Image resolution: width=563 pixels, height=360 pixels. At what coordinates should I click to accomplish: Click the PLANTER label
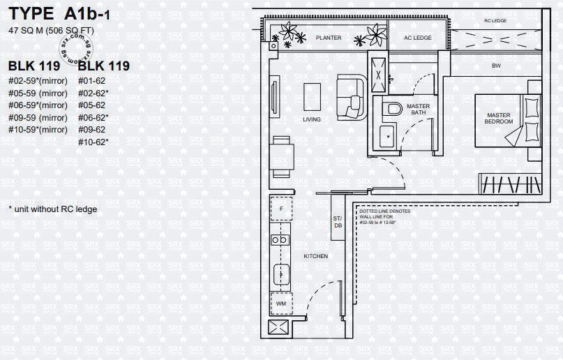click(329, 38)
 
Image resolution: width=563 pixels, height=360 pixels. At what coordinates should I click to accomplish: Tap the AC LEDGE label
click(418, 38)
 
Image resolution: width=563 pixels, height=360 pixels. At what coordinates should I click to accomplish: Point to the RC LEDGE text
click(495, 22)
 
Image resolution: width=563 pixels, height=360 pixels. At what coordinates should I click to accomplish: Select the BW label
click(496, 66)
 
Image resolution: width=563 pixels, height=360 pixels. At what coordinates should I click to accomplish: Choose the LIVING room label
click(312, 119)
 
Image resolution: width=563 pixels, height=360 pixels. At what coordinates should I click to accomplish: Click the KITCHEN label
click(315, 257)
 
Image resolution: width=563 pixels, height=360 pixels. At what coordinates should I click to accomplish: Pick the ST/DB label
click(338, 222)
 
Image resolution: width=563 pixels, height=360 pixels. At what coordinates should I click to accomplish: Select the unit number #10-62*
click(93, 142)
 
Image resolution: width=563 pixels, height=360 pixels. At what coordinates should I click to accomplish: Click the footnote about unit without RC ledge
click(52, 209)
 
